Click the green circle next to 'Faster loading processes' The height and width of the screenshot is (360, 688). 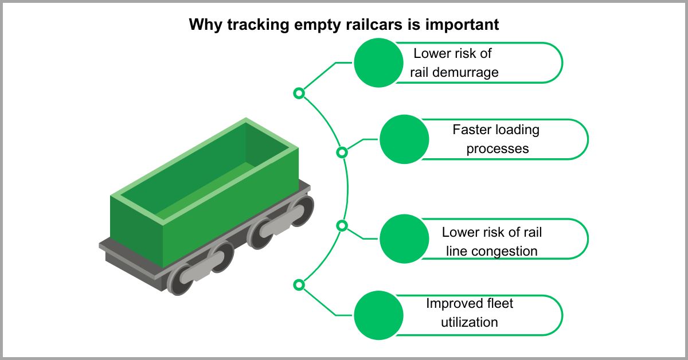point(404,139)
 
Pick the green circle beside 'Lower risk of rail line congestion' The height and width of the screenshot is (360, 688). point(404,238)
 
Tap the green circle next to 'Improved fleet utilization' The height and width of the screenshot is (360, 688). point(378,315)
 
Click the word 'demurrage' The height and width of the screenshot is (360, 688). point(470,73)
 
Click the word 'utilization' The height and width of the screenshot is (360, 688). point(469,322)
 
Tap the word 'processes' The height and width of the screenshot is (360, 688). point(497,148)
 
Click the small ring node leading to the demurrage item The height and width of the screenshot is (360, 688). point(299,93)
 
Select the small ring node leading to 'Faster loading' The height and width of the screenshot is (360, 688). point(342,152)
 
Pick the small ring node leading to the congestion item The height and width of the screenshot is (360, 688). point(342,226)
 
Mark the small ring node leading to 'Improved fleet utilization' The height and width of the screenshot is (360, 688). point(299,284)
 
